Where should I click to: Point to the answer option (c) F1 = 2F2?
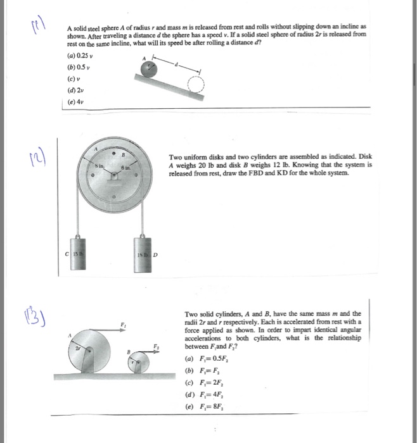point(205,382)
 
